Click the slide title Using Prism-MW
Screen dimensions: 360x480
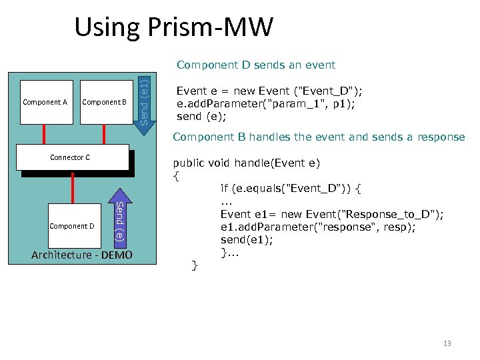(173, 27)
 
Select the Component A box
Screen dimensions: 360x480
(45, 103)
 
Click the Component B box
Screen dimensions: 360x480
(104, 103)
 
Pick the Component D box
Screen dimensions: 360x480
(72, 226)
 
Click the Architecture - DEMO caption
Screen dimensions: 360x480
(82, 255)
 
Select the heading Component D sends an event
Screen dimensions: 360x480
(255, 65)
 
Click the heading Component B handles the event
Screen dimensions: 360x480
(319, 137)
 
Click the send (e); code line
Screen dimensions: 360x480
(201, 116)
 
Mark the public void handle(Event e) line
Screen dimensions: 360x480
(246, 163)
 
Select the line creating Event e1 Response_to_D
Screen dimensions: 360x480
(332, 214)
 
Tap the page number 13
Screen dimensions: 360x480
(447, 343)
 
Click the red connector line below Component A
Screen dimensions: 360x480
(44, 135)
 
